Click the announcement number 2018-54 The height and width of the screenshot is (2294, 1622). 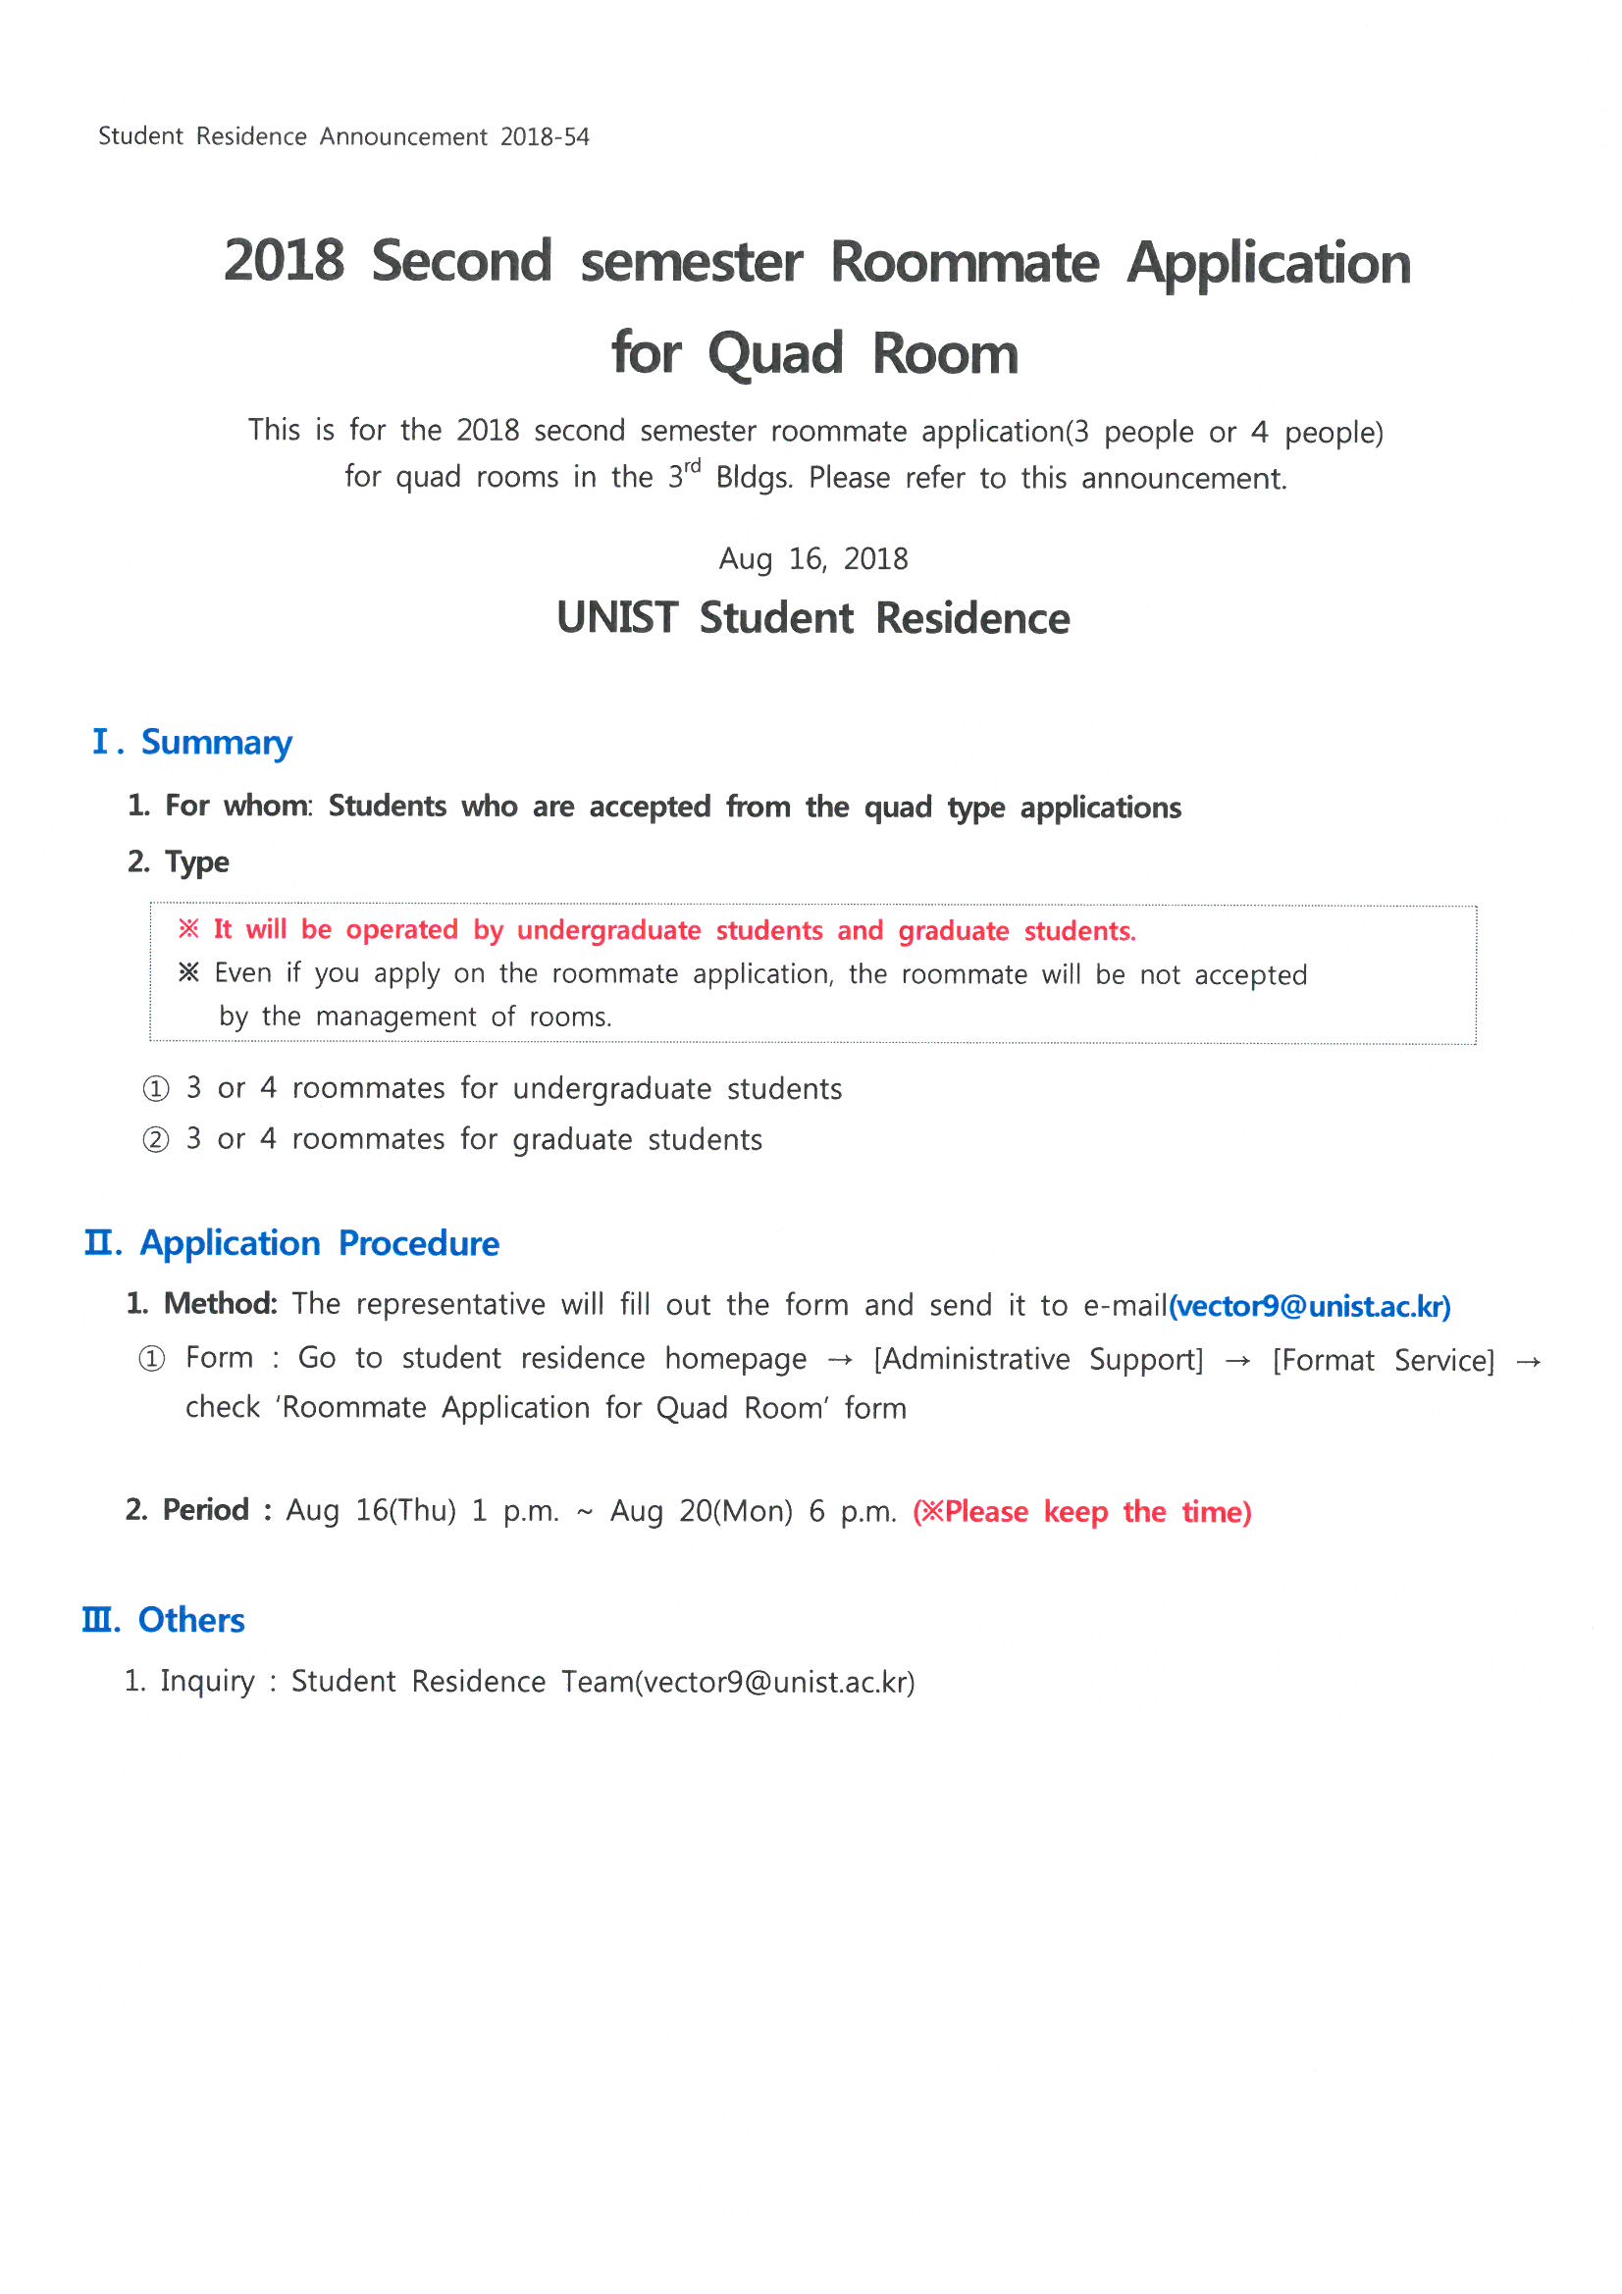[x=545, y=137]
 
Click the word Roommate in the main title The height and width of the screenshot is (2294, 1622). [x=965, y=263]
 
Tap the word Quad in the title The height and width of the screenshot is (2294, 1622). [x=775, y=354]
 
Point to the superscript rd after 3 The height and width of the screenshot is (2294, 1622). [x=693, y=467]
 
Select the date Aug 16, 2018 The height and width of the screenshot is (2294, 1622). [x=813, y=558]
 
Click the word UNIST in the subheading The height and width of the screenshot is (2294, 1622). [x=617, y=618]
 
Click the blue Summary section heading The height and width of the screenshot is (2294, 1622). [x=216, y=743]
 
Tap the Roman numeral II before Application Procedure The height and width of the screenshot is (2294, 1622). [x=102, y=1244]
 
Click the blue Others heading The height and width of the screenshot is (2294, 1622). [x=191, y=1621]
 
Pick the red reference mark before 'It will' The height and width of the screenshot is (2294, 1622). [x=187, y=930]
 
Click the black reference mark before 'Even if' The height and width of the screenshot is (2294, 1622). [x=187, y=973]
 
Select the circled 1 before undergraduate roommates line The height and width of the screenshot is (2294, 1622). [x=156, y=1089]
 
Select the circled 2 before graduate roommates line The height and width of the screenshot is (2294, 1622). [x=156, y=1140]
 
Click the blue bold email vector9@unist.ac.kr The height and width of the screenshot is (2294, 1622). [x=1310, y=1307]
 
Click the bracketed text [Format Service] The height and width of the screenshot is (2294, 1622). [x=1384, y=1361]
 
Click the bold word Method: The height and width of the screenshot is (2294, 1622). [x=221, y=1304]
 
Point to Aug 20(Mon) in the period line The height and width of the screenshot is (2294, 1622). [x=702, y=1512]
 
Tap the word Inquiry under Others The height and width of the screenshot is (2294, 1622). [x=207, y=1682]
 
